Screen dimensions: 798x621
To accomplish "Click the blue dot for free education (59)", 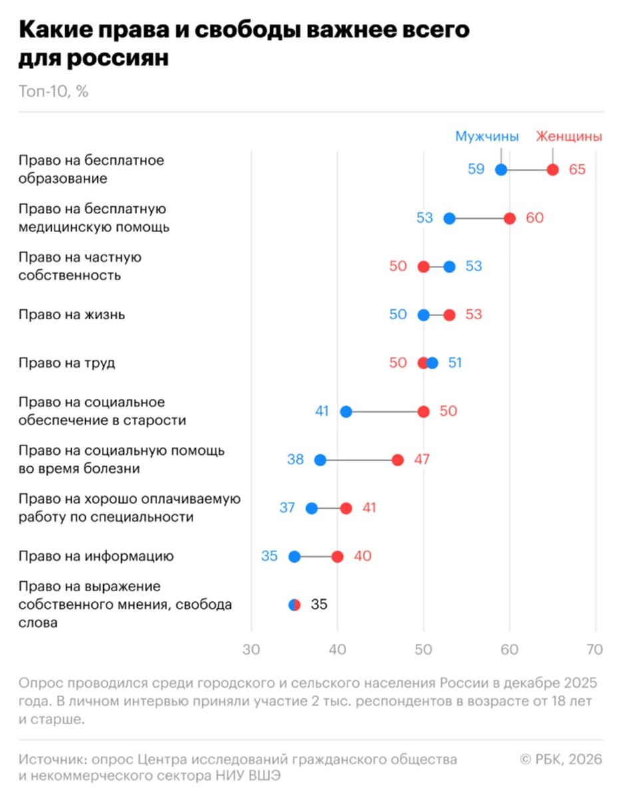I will click(x=501, y=170).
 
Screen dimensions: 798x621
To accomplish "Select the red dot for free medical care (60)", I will click(x=510, y=218).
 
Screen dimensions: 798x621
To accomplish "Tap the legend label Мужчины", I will click(x=487, y=136).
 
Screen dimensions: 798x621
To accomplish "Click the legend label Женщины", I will click(x=569, y=136).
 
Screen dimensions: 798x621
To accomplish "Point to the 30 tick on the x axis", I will click(x=252, y=650).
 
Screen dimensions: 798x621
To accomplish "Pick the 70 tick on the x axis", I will click(x=595, y=650).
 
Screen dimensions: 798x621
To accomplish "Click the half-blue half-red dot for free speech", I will click(x=294, y=605).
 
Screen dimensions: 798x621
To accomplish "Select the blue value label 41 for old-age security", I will click(x=322, y=412).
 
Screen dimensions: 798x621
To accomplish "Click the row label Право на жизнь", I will click(x=71, y=315).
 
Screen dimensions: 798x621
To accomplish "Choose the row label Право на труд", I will click(x=67, y=363).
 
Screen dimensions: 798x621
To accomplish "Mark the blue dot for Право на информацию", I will click(x=294, y=557).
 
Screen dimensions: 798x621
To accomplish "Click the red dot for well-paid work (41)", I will click(x=346, y=508).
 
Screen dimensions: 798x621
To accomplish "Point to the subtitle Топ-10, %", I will click(x=53, y=92).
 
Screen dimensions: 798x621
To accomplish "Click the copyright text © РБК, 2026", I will click(x=560, y=759).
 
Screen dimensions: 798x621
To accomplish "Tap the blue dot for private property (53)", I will click(x=449, y=267).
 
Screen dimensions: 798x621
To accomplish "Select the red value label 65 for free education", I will click(x=577, y=170).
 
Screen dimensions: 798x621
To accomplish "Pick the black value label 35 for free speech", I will click(x=319, y=605).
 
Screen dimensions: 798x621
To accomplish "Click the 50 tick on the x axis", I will click(x=423, y=650).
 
